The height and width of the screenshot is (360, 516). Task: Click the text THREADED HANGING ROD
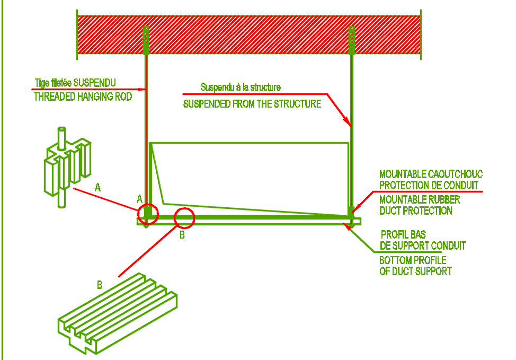click(x=83, y=96)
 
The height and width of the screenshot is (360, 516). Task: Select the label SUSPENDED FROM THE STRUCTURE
click(x=252, y=104)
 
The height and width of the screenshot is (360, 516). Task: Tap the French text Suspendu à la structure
click(x=241, y=87)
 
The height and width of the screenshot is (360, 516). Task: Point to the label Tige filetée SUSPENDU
click(x=75, y=83)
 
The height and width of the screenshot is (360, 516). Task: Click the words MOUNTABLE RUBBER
click(x=420, y=199)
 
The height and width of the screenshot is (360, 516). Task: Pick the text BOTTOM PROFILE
click(x=413, y=260)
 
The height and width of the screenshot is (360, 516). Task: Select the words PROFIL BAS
click(x=403, y=234)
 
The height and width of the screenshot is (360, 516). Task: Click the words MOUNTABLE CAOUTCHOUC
click(x=431, y=174)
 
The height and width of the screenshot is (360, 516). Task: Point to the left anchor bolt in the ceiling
click(x=146, y=40)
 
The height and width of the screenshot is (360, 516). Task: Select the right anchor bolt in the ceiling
click(x=352, y=40)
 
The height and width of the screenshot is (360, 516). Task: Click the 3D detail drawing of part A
click(x=67, y=168)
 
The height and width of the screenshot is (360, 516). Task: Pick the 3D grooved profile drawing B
click(x=118, y=313)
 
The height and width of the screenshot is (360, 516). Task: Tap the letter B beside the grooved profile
click(x=100, y=285)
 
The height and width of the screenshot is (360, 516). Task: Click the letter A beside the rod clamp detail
click(x=97, y=187)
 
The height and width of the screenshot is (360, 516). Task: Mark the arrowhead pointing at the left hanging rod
click(x=142, y=89)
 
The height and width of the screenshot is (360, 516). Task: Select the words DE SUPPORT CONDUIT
click(x=423, y=245)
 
